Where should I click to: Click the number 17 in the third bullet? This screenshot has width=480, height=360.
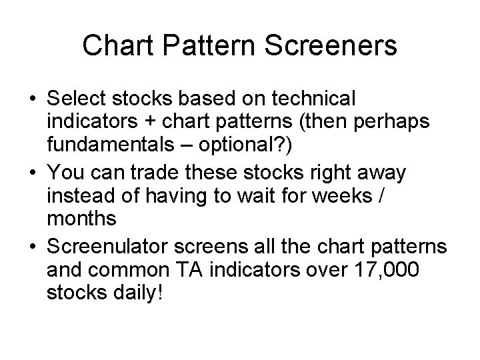[x=345, y=271]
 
